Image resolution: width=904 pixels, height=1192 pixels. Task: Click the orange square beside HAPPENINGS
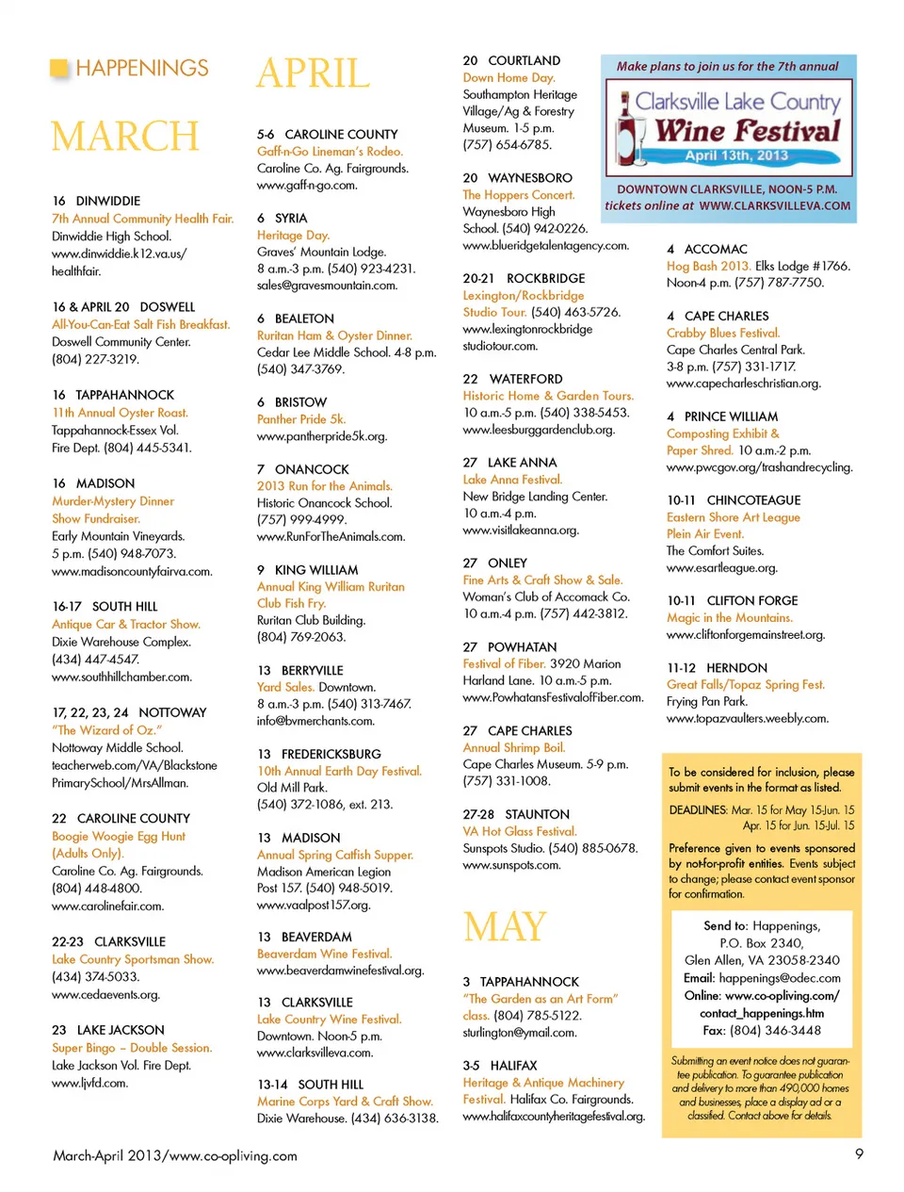click(x=59, y=68)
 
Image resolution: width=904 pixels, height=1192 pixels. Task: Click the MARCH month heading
click(x=125, y=137)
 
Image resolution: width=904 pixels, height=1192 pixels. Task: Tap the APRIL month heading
click(x=314, y=73)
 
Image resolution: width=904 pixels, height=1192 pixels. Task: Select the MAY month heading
click(x=505, y=927)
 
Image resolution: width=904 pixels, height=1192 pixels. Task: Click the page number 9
click(x=859, y=1153)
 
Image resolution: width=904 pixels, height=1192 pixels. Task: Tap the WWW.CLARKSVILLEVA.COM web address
click(x=775, y=205)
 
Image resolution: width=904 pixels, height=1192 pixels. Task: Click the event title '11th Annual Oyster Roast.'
click(x=120, y=413)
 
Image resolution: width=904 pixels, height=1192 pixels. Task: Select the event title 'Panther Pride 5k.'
click(x=301, y=419)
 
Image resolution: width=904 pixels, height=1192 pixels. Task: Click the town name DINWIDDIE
click(x=107, y=201)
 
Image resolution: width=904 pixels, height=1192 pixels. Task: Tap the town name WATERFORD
click(x=525, y=379)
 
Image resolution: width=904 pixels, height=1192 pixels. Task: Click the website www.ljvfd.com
click(x=89, y=1083)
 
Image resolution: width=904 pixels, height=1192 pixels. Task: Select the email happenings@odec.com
click(x=780, y=978)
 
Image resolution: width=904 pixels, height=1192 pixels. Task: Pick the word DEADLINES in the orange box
click(x=698, y=809)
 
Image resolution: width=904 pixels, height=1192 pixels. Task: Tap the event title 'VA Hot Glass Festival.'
click(x=520, y=831)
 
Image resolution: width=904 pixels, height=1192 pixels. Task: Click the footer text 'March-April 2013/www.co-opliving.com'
click(x=175, y=1155)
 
